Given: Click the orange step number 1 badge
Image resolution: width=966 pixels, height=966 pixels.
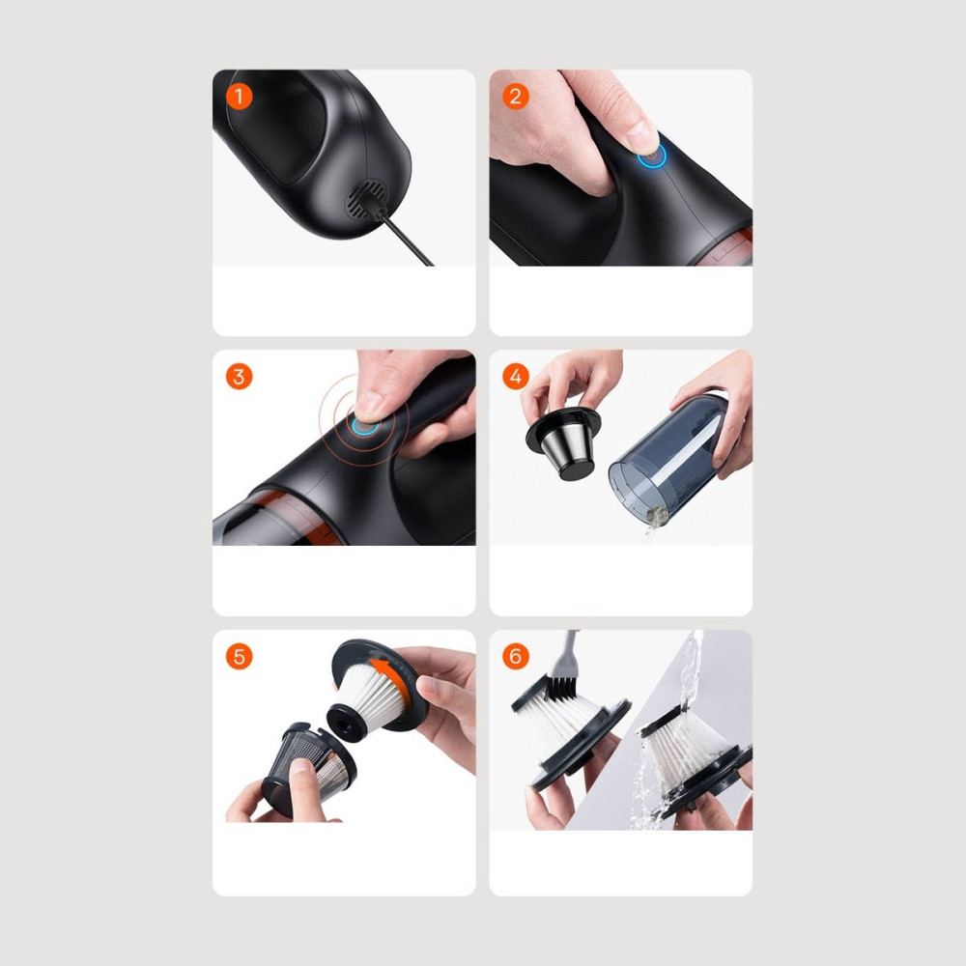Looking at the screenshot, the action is tap(239, 97).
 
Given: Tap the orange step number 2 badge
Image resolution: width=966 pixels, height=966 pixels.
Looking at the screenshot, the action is tap(516, 97).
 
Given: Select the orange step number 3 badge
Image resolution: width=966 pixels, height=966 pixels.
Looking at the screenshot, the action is tap(239, 377).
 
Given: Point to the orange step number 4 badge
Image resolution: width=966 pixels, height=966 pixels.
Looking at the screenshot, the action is tap(516, 377).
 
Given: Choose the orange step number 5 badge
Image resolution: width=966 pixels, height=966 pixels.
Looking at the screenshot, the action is tap(239, 657).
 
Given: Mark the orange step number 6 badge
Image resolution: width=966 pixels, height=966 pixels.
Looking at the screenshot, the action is tap(516, 657).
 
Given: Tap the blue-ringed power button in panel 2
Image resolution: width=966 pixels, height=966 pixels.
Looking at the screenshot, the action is tap(652, 156).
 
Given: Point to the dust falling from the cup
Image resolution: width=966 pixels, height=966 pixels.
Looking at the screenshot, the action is tap(654, 520).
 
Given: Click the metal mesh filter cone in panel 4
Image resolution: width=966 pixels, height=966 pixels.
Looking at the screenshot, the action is tap(563, 443).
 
